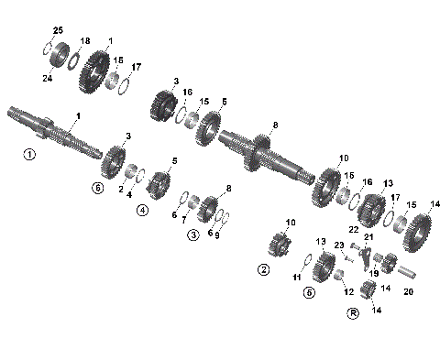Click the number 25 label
58,32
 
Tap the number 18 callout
85,42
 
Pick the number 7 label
183,220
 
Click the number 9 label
216,234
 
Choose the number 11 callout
296,276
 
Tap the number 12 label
348,291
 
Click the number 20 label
409,293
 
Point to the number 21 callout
369,237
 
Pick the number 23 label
338,245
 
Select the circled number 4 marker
142,210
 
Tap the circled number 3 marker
193,235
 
